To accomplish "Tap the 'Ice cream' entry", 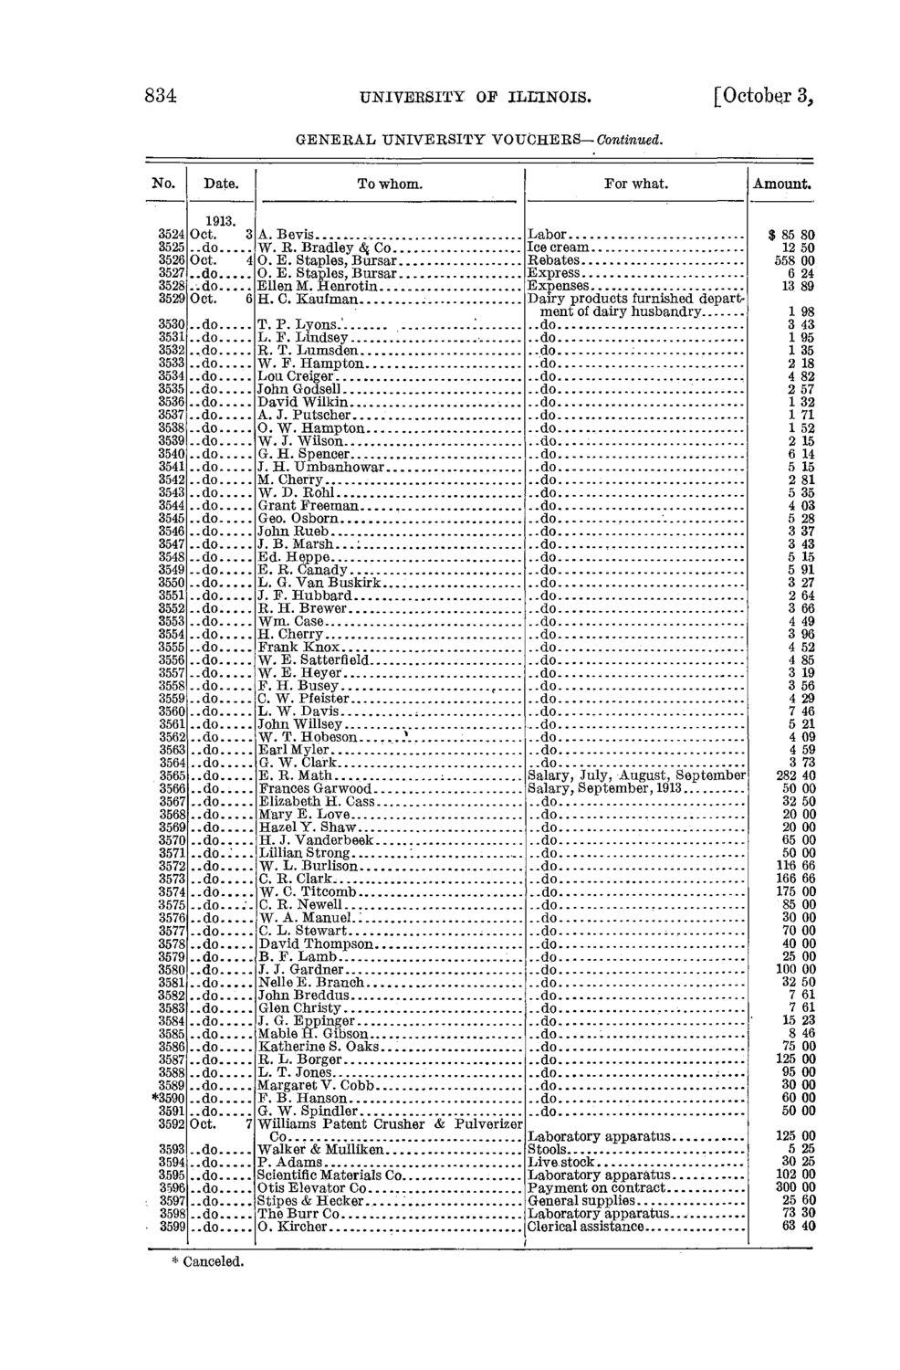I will click(x=560, y=247).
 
